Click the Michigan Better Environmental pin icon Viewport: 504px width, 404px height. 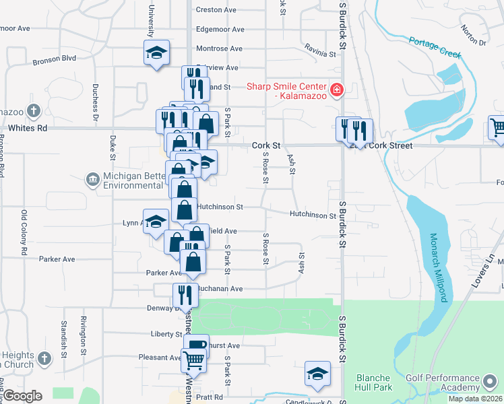click(92, 178)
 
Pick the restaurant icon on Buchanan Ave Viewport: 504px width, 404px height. click(185, 294)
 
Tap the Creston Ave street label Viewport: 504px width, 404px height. click(216, 9)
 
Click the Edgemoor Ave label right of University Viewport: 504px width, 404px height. click(219, 29)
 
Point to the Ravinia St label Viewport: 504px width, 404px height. click(319, 53)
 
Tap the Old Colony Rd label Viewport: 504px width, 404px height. click(24, 233)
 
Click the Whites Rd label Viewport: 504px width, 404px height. click(28, 127)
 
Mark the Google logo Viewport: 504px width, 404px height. click(23, 396)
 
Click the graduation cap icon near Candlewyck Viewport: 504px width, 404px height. click(317, 374)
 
